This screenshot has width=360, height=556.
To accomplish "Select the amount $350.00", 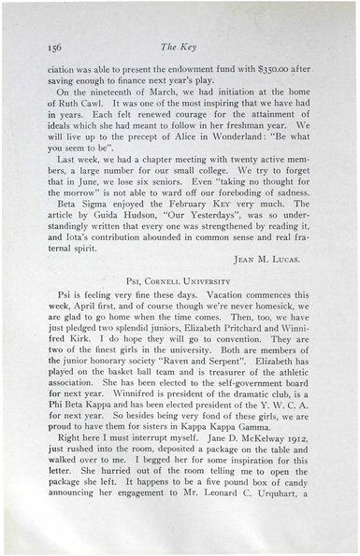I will click(259, 68).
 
